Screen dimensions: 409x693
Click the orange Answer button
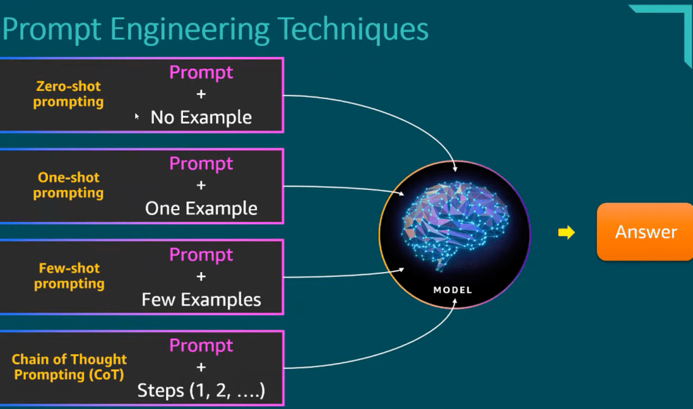[646, 233]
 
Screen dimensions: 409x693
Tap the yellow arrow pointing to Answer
[566, 233]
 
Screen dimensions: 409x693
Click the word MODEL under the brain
[453, 290]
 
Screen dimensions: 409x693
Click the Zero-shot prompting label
[69, 94]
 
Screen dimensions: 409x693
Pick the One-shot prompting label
[68, 185]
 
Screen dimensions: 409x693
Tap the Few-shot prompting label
[69, 276]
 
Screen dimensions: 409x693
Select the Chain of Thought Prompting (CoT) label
[69, 366]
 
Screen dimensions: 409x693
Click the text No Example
[201, 117]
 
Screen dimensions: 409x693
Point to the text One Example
[201, 208]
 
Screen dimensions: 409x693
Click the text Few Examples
[201, 299]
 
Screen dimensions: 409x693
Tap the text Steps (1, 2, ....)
[201, 391]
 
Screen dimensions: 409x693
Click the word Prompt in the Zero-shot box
[201, 72]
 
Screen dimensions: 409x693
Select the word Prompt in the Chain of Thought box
[201, 346]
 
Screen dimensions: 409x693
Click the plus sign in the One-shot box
[201, 186]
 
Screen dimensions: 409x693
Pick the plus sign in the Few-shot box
[201, 277]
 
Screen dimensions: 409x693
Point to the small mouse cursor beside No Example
[137, 117]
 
